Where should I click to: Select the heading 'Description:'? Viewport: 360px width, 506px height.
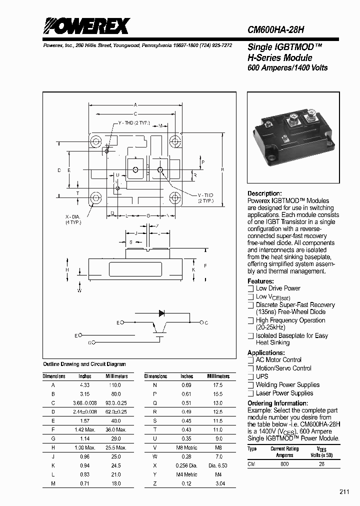(x=265, y=193)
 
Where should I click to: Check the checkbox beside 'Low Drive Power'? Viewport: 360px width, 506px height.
(x=251, y=288)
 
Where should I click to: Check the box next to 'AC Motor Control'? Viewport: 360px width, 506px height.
(x=251, y=360)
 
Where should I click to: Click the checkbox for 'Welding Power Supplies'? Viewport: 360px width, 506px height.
(x=251, y=385)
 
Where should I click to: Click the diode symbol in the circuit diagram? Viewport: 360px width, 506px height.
(x=161, y=313)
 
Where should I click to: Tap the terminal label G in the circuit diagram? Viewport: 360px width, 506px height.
(x=90, y=342)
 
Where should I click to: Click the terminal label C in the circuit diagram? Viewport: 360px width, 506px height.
(x=206, y=323)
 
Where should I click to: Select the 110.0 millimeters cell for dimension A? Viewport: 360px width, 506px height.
(x=115, y=385)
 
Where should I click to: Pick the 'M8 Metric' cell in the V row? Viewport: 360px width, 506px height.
(x=187, y=447)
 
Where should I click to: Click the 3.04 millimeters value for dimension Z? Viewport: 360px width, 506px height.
(x=218, y=483)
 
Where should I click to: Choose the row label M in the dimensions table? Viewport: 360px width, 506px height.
(x=53, y=483)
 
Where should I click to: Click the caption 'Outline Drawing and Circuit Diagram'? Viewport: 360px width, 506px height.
(x=84, y=364)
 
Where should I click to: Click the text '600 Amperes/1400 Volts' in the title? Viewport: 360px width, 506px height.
(x=287, y=67)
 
